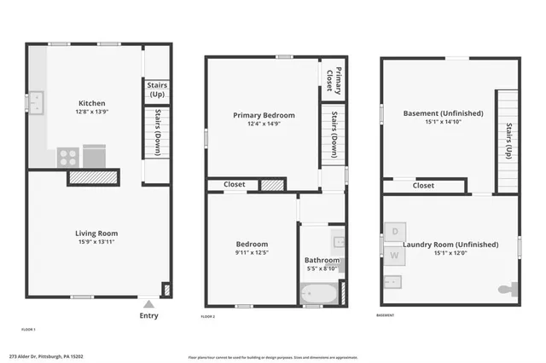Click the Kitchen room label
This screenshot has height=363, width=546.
click(x=92, y=101)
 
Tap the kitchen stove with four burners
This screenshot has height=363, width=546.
click(x=68, y=157)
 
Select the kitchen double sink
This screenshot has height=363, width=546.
click(x=35, y=102)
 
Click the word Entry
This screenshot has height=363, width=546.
click(x=148, y=315)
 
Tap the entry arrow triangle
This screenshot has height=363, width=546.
click(x=148, y=302)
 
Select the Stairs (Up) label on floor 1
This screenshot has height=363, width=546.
click(x=157, y=89)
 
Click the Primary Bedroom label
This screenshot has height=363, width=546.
click(x=264, y=115)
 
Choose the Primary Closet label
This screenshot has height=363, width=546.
click(x=338, y=78)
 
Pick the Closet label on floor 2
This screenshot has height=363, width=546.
click(x=235, y=184)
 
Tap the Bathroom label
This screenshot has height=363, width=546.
click(x=322, y=260)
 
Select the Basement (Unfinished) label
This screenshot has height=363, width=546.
click(x=443, y=113)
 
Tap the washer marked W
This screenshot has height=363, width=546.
click(x=394, y=255)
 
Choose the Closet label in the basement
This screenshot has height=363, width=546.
click(x=423, y=185)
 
